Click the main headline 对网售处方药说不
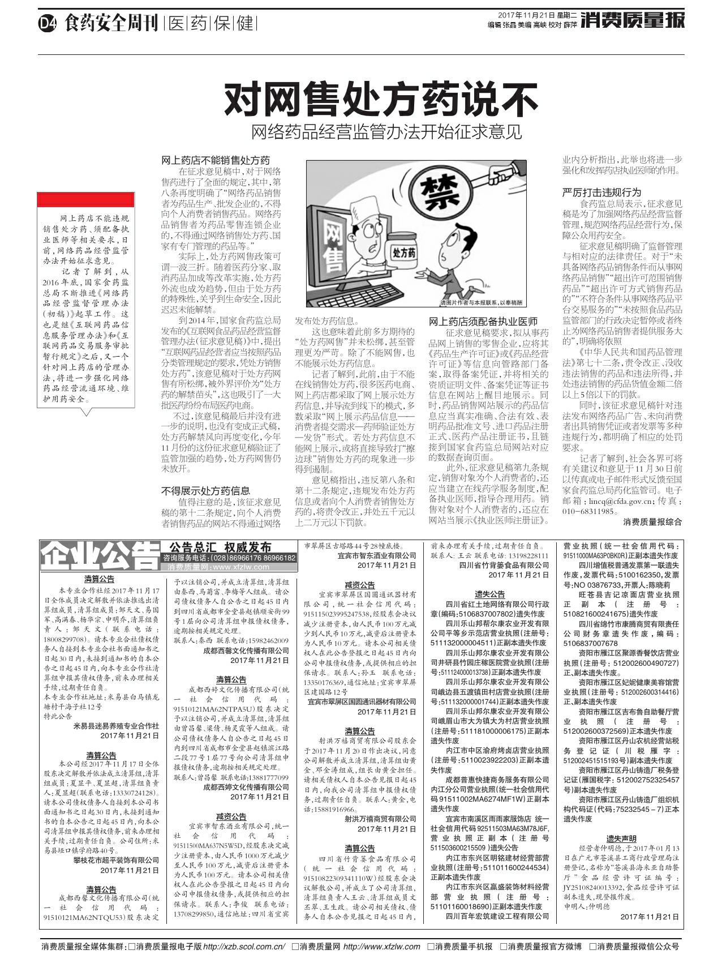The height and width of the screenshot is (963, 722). pyautogui.click(x=380, y=100)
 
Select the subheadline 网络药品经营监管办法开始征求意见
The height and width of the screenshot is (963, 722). pyautogui.click(x=386, y=132)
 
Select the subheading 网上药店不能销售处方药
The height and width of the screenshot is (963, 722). pyautogui.click(x=216, y=160)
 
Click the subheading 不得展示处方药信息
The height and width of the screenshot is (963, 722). pyautogui.click(x=206, y=490)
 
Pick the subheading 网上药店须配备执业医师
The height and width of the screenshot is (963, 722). pyautogui.click(x=483, y=321)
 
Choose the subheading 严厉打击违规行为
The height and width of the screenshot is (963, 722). pyautogui.click(x=601, y=192)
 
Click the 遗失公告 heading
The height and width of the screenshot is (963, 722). pyautogui.click(x=489, y=594)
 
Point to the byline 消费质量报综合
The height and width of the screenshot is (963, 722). pyautogui.click(x=652, y=521)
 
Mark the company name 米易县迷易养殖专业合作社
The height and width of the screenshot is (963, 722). pyautogui.click(x=117, y=725)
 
